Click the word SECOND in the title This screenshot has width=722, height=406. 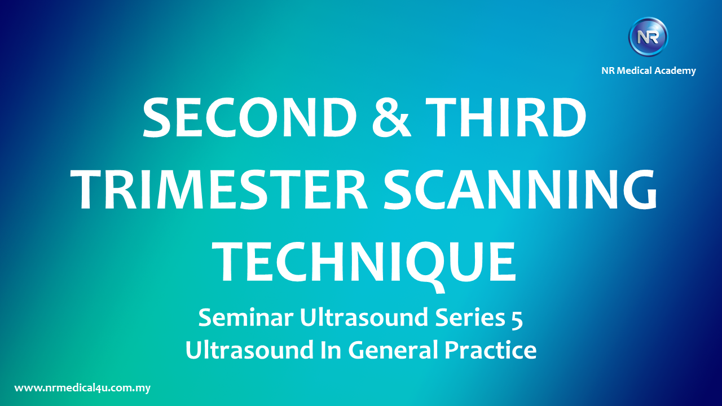coord(250,117)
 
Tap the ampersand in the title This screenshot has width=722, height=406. coord(391,117)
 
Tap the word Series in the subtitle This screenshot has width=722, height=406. coord(470,317)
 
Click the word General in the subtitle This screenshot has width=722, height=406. coord(393,350)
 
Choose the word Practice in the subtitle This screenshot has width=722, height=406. coord(491,350)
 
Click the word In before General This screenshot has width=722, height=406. coord(331,350)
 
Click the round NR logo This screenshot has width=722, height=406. coord(648,37)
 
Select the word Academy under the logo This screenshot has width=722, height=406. coord(675,71)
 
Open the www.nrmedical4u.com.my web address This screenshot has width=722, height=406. coord(82,388)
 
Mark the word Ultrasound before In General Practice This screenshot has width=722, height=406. coord(249,350)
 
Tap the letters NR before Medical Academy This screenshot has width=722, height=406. coord(608,70)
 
